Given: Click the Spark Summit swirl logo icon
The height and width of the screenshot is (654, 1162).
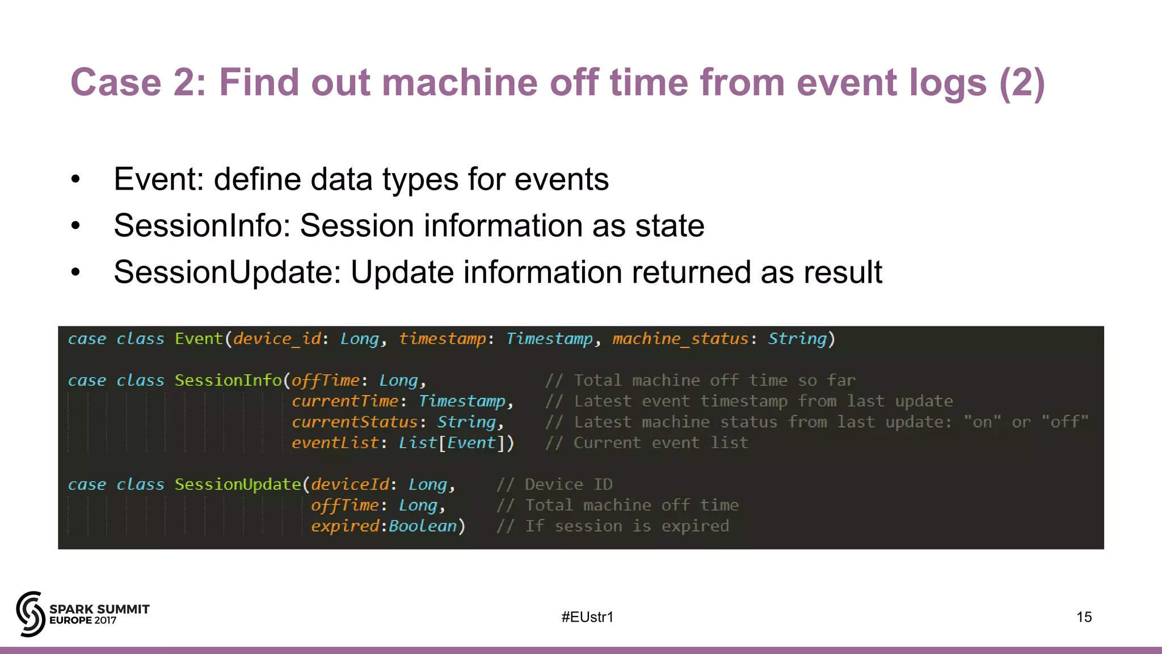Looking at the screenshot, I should click(31, 614).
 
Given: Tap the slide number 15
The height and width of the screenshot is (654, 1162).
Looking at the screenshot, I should click(1084, 617).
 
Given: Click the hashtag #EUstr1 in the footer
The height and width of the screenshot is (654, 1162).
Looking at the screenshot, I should click(587, 617).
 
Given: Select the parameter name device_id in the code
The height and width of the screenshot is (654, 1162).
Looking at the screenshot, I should click(277, 339).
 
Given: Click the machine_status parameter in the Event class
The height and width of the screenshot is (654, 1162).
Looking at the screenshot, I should click(680, 339).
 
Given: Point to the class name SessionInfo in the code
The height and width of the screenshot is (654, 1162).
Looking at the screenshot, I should click(228, 380).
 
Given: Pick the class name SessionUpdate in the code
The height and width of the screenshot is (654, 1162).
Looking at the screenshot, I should click(238, 484).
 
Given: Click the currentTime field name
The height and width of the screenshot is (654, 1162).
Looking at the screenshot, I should click(345, 401).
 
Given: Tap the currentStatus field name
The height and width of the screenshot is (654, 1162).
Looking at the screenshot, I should click(355, 422).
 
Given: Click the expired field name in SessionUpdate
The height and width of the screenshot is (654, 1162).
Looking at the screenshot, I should click(344, 526).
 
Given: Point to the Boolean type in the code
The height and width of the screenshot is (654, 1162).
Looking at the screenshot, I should click(423, 526).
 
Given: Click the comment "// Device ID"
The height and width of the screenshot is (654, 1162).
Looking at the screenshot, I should click(554, 484).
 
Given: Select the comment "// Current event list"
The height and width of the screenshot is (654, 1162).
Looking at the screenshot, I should click(646, 443).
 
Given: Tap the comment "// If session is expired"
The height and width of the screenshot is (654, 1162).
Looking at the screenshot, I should click(613, 526).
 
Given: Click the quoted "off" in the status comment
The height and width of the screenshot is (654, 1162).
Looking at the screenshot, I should click(1065, 422).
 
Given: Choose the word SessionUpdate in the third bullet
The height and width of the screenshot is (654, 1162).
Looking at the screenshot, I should click(227, 272).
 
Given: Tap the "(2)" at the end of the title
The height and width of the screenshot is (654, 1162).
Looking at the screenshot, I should click(1022, 83).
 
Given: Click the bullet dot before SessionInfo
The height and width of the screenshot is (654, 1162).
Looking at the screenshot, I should click(76, 227).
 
